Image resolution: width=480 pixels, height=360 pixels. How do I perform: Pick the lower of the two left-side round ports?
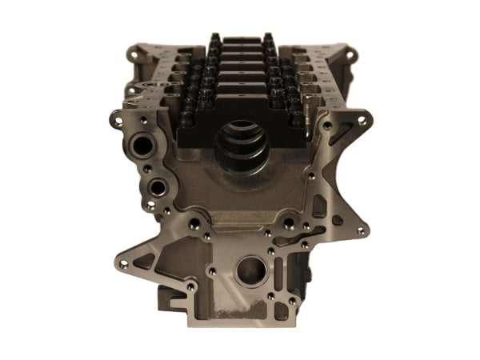(159, 187)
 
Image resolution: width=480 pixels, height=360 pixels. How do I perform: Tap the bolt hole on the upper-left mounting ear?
(114, 122)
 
